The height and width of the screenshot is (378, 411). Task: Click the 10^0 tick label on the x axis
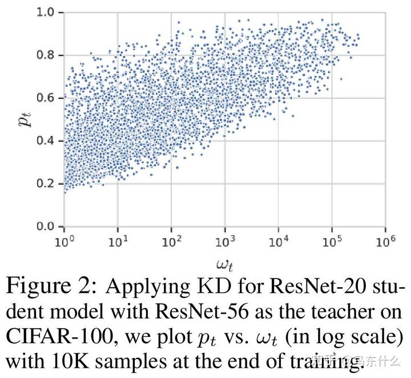point(64,241)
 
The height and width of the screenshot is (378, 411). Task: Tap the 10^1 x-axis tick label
point(118,241)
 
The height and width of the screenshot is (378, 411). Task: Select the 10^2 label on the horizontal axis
point(171,241)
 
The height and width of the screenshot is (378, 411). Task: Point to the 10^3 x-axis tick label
point(225,241)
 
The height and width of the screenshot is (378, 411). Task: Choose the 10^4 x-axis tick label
point(279,241)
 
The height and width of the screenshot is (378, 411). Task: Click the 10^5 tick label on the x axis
point(332,241)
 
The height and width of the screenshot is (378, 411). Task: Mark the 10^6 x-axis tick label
point(385,241)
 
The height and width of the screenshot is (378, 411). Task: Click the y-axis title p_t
point(25,120)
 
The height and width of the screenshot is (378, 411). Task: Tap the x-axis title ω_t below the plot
point(225,265)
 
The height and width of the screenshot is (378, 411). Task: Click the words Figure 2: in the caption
point(51,286)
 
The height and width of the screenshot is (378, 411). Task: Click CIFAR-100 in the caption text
point(59,337)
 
